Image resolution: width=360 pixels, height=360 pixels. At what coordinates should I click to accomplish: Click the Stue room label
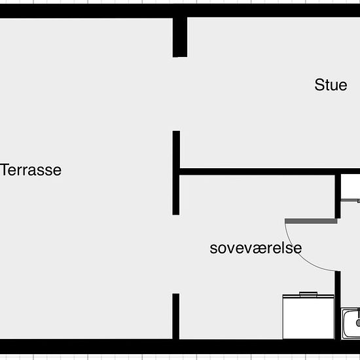[x=331, y=85]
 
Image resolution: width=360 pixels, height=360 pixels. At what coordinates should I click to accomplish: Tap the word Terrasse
[x=31, y=170]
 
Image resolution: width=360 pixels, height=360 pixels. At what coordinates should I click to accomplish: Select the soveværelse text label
[x=256, y=248]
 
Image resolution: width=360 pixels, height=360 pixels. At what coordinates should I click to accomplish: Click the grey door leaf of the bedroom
[x=311, y=221]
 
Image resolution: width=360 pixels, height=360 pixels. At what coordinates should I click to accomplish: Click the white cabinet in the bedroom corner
[x=308, y=317]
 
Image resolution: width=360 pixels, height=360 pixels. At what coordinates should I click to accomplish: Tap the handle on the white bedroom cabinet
[x=308, y=294]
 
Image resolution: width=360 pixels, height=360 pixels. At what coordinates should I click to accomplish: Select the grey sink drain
[x=358, y=323]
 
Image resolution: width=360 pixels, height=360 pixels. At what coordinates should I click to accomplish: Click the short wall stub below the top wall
[x=180, y=37]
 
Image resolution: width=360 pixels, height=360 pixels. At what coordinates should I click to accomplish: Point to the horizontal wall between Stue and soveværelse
[x=270, y=171]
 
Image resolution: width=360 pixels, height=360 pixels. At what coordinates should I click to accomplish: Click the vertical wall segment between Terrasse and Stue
[x=176, y=173]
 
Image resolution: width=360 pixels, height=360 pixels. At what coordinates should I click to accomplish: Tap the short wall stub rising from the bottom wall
[x=176, y=316]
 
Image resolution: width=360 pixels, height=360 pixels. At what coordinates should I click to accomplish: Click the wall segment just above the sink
[x=338, y=306]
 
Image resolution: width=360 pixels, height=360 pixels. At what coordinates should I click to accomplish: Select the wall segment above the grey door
[x=338, y=196]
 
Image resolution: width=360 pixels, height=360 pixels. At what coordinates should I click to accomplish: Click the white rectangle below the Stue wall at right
[x=350, y=187]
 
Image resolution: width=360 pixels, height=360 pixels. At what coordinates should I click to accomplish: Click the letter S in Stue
[x=319, y=85]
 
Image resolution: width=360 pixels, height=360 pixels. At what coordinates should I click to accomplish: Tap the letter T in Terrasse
[x=5, y=170]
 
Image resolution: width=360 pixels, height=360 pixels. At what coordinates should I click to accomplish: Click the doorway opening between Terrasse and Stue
[x=176, y=94]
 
